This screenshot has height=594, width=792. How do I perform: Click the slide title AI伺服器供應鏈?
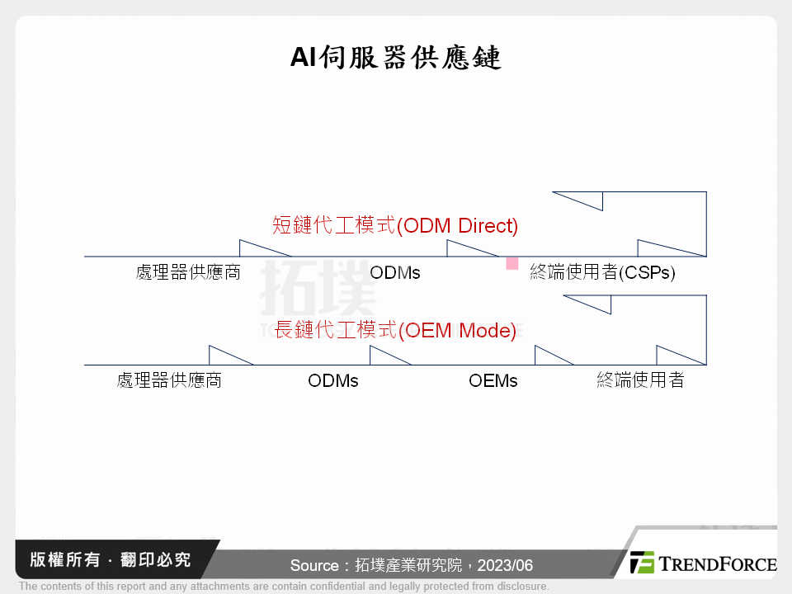395,58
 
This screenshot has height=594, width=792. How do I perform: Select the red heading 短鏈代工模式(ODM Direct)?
395,225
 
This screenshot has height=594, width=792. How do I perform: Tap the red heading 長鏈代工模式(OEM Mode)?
395,331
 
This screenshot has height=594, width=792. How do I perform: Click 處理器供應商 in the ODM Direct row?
188,272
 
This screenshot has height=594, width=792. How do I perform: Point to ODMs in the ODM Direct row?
395,272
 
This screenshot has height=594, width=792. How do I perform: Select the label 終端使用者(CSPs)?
602,272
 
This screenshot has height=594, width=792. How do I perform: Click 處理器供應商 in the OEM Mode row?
169,380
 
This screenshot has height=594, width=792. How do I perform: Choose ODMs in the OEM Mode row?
333,380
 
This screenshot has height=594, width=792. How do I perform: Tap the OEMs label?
493,380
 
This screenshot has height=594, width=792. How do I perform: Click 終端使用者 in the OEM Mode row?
640,380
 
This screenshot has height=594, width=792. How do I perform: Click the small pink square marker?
512,263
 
